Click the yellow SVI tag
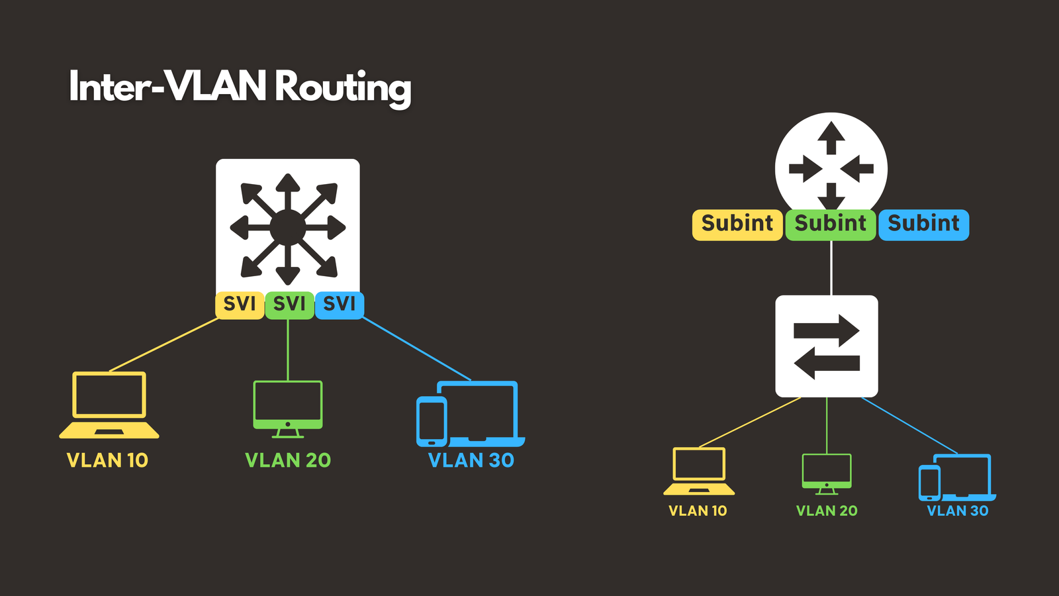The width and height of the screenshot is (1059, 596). (240, 305)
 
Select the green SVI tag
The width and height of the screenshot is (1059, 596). (289, 305)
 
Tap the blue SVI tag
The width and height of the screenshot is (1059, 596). (340, 305)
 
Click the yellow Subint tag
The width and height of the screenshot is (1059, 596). (737, 224)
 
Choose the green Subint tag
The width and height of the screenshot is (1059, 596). (831, 224)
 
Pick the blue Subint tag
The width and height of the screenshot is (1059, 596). (924, 224)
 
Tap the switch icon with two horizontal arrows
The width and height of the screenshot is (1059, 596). (827, 346)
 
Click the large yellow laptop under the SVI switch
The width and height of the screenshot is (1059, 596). (109, 405)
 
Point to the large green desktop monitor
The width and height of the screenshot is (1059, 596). (288, 408)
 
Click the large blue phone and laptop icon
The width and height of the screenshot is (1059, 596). (471, 414)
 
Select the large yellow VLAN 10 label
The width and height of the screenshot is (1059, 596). (107, 460)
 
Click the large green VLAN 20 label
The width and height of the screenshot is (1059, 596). (288, 460)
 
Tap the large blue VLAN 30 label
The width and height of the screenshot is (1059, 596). (471, 460)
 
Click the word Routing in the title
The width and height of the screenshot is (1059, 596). (343, 87)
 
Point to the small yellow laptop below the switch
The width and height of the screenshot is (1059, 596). (699, 471)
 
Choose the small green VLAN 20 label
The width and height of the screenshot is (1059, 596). (827, 511)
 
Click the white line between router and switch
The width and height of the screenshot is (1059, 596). (831, 268)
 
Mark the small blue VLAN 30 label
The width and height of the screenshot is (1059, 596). (958, 511)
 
